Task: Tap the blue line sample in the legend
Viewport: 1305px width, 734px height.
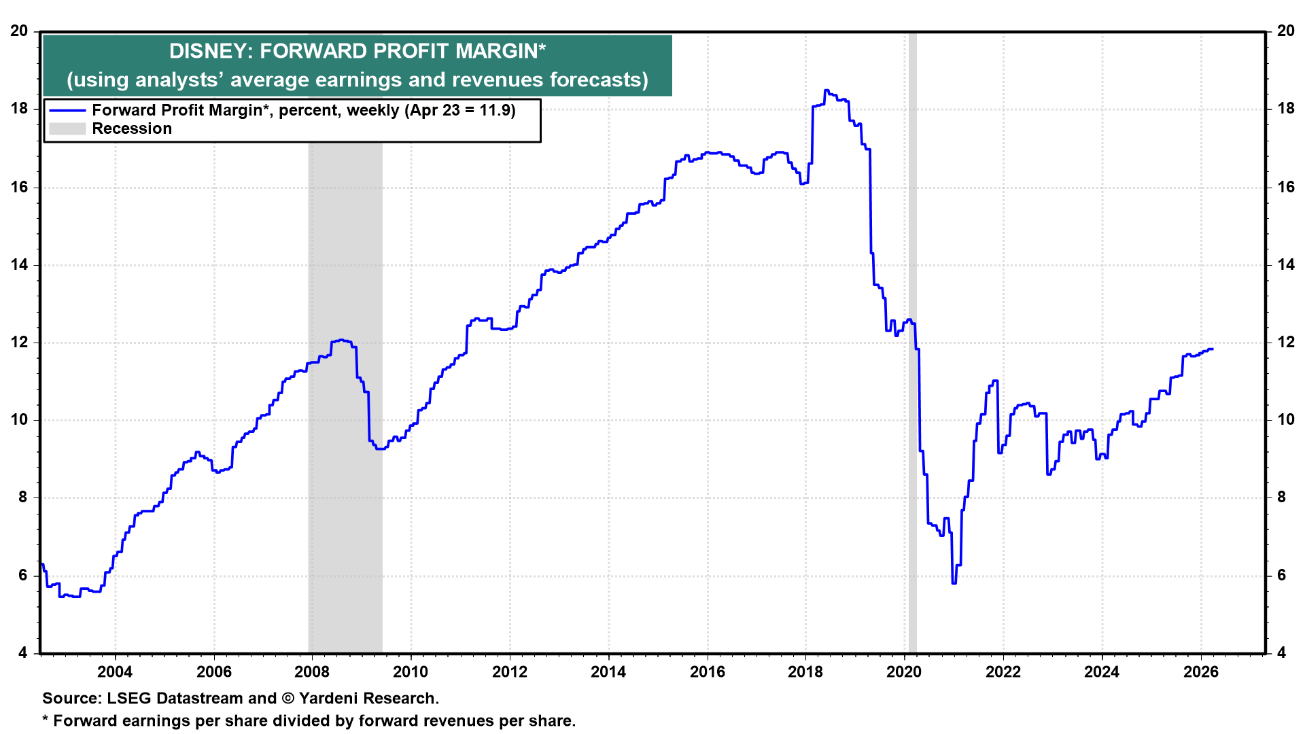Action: (x=67, y=111)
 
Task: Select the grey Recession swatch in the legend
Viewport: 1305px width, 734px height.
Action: (x=67, y=129)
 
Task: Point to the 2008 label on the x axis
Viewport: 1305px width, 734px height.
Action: (x=312, y=672)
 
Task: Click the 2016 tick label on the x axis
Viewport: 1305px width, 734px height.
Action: (x=707, y=672)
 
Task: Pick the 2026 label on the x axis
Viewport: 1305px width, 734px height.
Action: (x=1200, y=672)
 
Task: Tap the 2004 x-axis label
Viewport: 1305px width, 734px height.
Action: (x=115, y=672)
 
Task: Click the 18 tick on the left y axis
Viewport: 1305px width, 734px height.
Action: (x=20, y=109)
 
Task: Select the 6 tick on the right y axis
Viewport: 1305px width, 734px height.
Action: (x=1281, y=576)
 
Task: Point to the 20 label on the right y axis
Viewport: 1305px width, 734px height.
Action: (x=1285, y=31)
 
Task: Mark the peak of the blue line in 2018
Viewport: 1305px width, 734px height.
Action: (x=826, y=90)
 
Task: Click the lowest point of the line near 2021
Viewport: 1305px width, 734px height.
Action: (x=954, y=582)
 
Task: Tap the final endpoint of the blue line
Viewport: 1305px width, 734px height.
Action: (x=1212, y=349)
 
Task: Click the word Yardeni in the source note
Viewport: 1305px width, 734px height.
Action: (x=330, y=699)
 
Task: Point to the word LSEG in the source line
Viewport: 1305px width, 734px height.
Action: (x=130, y=699)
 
